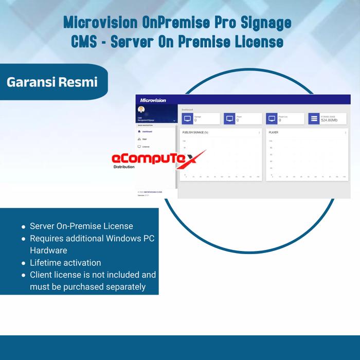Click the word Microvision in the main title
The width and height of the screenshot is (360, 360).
pos(101,22)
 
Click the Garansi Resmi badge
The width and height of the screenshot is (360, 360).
pos(52,82)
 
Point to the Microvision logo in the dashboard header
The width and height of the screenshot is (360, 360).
pos(153,100)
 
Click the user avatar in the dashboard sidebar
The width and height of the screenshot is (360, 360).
pos(141,109)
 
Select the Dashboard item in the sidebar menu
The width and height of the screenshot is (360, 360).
pos(147,131)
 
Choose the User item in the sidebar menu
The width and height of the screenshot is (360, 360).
pos(144,139)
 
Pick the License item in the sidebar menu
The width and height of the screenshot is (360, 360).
pos(146,147)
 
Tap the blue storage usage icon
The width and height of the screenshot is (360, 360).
pos(314,118)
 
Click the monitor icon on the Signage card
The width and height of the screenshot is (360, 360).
pos(187,118)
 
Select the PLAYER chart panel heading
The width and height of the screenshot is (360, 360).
pos(274,132)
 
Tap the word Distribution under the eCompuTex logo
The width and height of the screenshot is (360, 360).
pos(123,167)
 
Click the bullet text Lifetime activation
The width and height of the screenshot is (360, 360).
pos(65,263)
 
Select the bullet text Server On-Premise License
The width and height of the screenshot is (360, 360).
pos(81,226)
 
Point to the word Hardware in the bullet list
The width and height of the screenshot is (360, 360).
pos(48,250)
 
